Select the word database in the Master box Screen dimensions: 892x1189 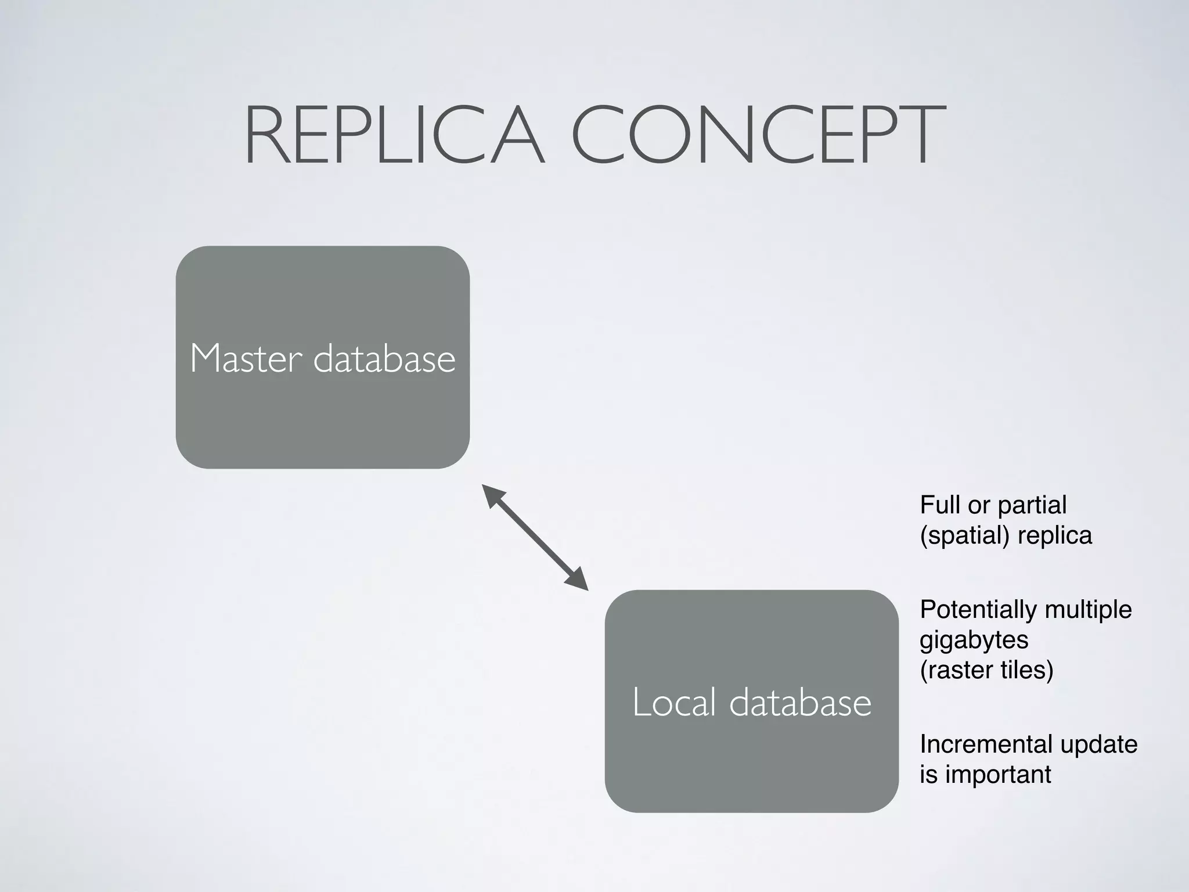click(x=384, y=358)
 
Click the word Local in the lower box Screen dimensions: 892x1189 click(x=673, y=702)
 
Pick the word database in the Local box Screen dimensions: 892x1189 click(x=800, y=702)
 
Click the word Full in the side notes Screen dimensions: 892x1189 click(x=939, y=505)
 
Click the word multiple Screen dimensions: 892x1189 click(x=1088, y=610)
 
